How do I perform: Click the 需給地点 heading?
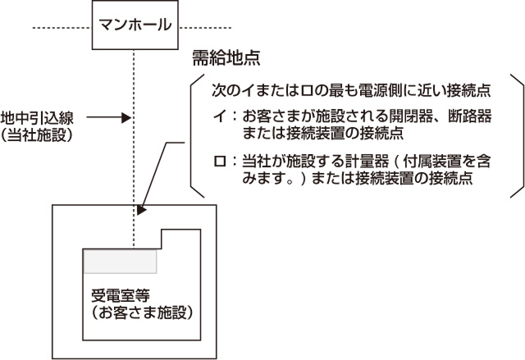(x=226, y=58)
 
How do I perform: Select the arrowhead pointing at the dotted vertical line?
(x=126, y=118)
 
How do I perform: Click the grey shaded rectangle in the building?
(x=121, y=261)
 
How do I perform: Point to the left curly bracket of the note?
(x=194, y=135)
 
